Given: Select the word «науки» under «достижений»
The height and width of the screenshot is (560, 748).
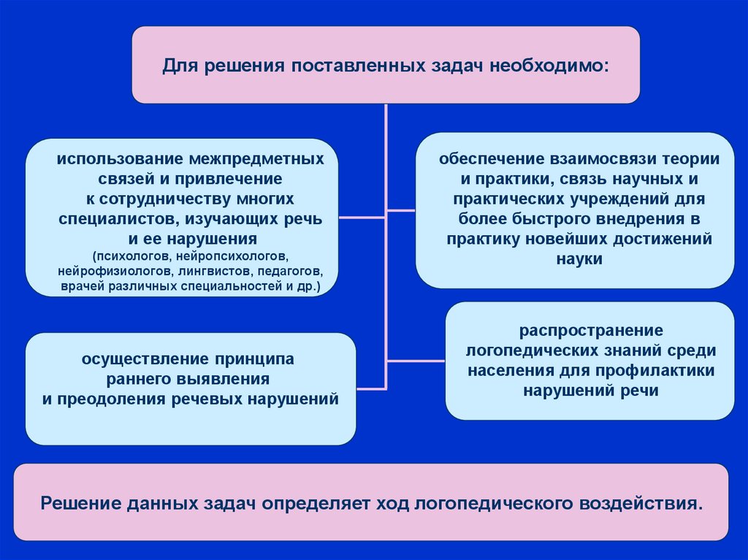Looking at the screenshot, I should click(578, 258).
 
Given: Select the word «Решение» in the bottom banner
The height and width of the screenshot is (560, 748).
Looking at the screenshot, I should click(79, 504).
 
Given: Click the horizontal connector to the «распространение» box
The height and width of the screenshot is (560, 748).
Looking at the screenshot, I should click(416, 360).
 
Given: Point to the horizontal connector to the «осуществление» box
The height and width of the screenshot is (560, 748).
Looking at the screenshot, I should click(371, 386).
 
